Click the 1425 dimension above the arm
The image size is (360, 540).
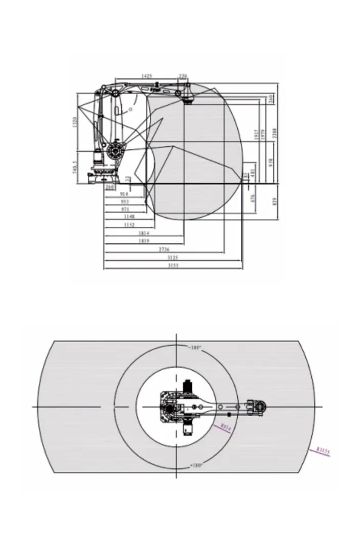click(146, 76)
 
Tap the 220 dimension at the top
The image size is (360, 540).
click(183, 76)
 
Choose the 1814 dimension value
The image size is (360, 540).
click(144, 233)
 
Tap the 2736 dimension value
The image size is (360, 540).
click(164, 249)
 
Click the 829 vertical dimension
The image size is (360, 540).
click(275, 201)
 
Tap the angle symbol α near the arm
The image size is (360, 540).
click(130, 109)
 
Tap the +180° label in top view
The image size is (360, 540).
click(196, 465)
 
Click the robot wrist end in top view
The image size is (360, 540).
click(261, 406)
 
